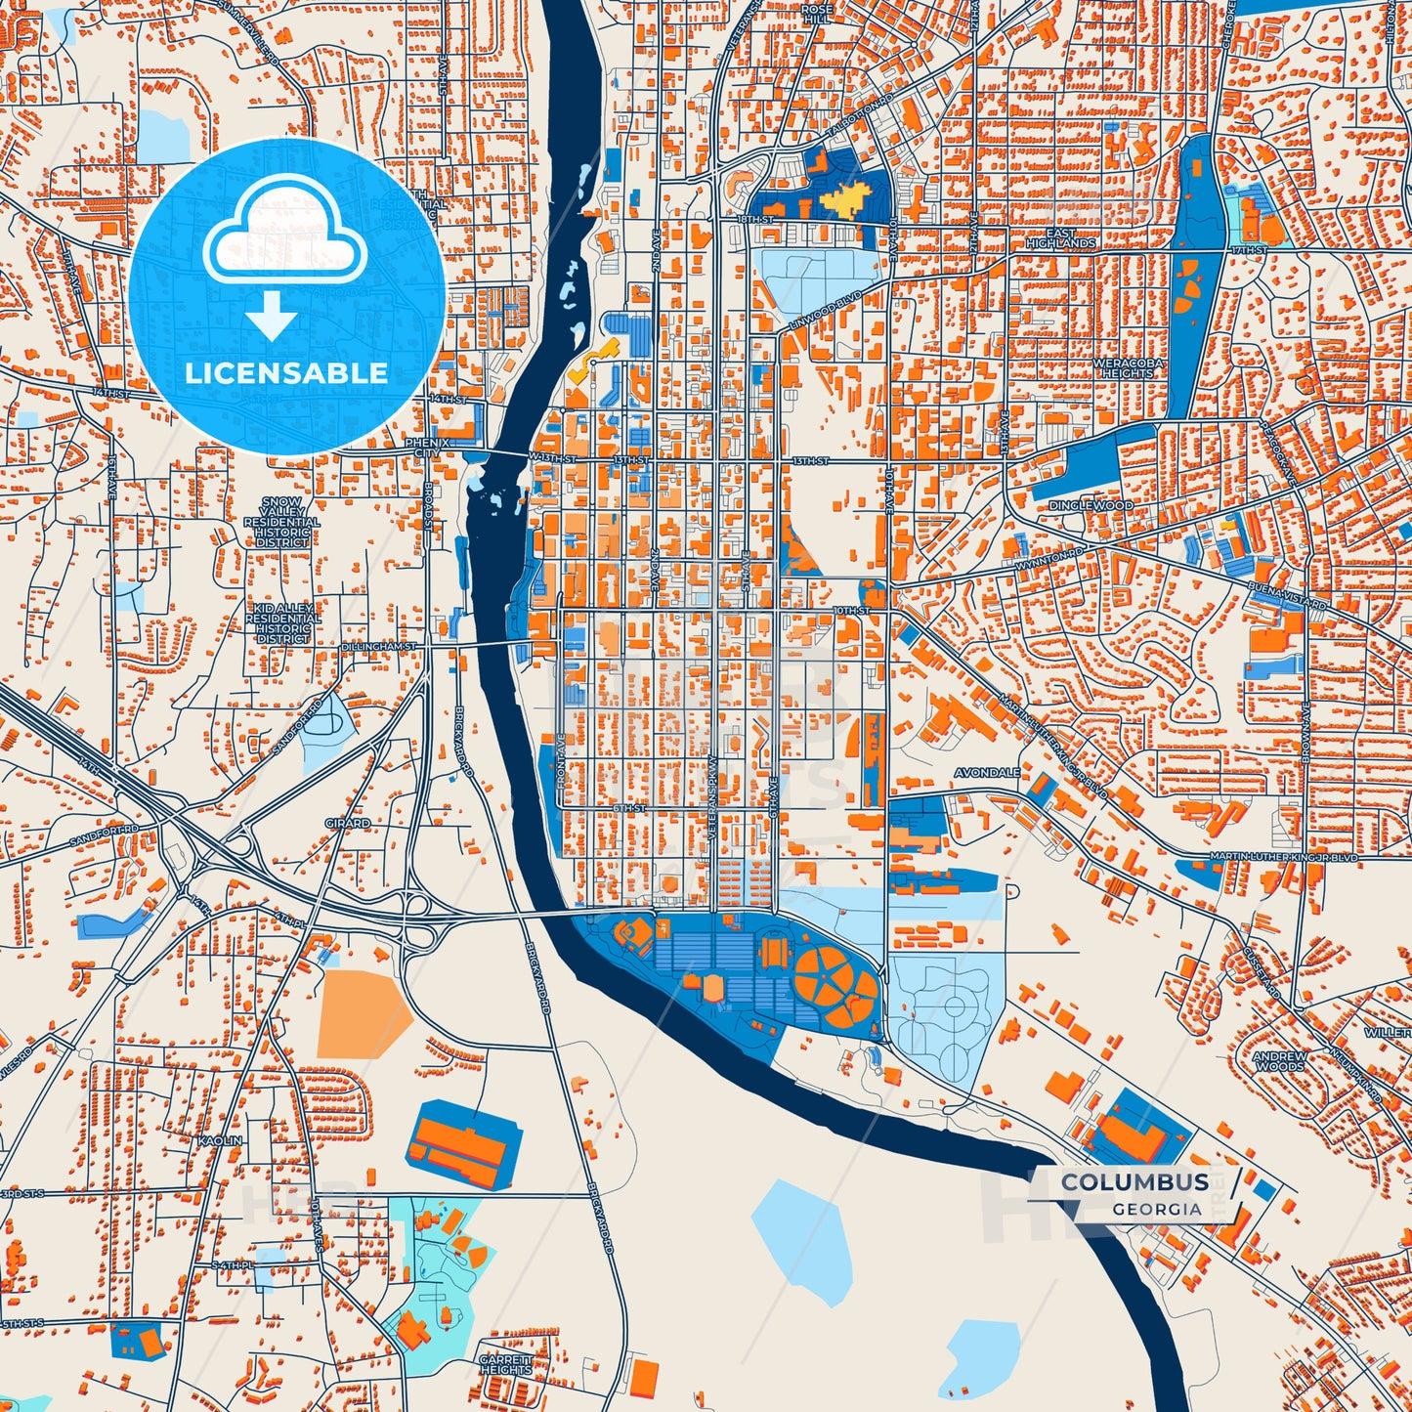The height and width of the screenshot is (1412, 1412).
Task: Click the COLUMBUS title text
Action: click(x=1134, y=1182)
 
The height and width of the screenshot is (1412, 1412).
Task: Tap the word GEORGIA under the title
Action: click(x=1156, y=1209)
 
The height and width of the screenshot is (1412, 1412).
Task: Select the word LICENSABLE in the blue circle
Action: click(x=286, y=373)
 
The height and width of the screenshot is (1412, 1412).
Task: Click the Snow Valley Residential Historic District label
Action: click(x=282, y=522)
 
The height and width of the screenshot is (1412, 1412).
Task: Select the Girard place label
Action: click(x=348, y=823)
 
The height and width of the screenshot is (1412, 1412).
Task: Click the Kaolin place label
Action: click(x=219, y=1140)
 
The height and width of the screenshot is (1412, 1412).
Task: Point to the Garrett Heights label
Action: click(x=505, y=1364)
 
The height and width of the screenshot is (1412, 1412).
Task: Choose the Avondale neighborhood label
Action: click(x=987, y=772)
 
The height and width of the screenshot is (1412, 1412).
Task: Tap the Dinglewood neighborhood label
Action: click(x=1091, y=505)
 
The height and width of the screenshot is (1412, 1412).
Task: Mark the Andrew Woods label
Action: click(x=1279, y=1061)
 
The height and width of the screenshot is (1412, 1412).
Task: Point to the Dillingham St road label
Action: click(x=379, y=647)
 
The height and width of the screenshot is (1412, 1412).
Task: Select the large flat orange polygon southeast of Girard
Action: click(x=364, y=1008)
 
